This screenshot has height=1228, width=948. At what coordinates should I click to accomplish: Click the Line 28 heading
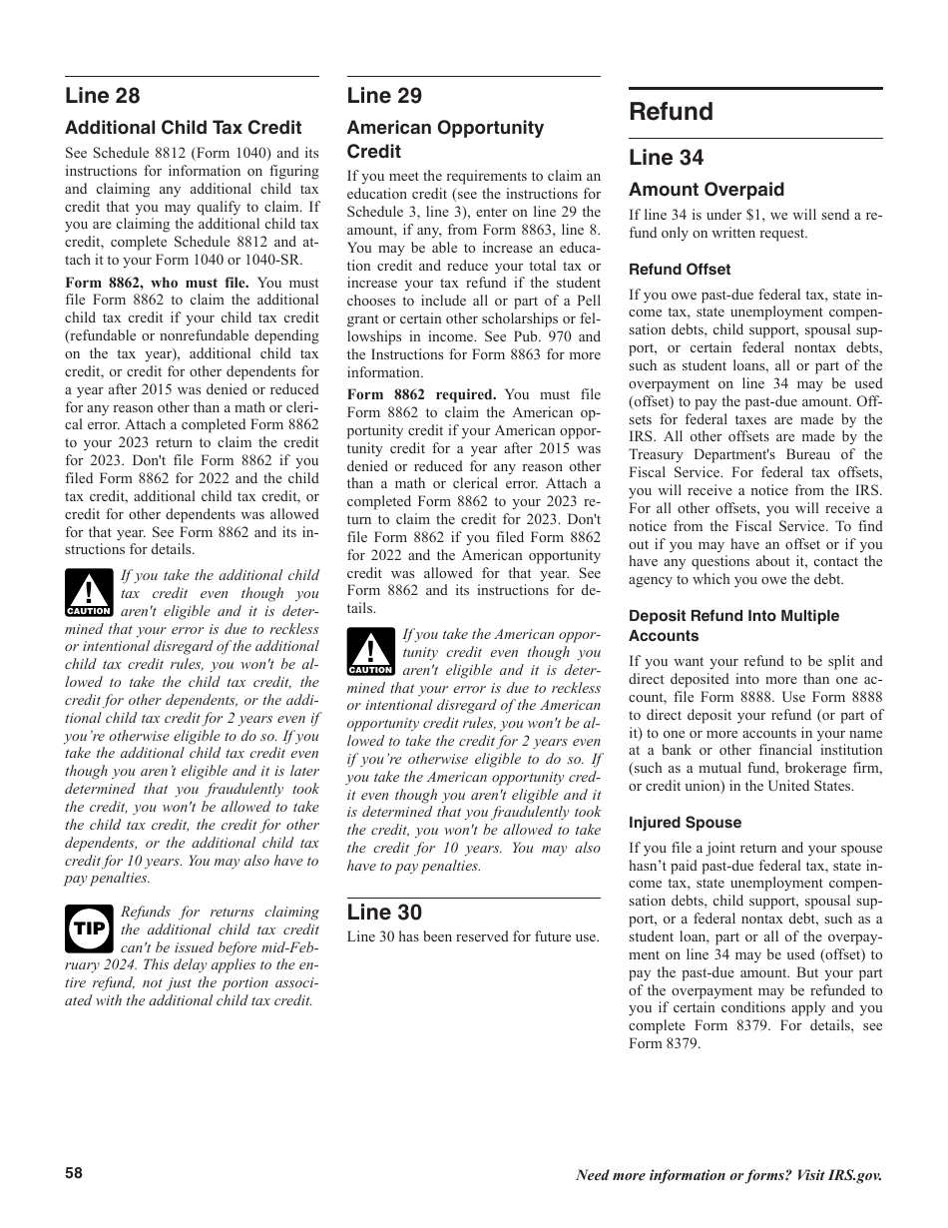tap(103, 96)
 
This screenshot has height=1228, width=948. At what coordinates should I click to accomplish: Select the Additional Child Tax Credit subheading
tap(183, 128)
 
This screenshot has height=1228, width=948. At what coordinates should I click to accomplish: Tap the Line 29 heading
tap(384, 96)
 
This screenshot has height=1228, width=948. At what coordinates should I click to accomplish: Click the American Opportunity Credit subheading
tap(445, 140)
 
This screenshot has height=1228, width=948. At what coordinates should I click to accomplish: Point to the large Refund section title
tap(671, 112)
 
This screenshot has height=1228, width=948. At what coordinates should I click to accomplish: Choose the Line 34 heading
tap(666, 158)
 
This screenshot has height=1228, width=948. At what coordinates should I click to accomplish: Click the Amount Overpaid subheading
tap(706, 190)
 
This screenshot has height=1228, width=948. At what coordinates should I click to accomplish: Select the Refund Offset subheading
tap(679, 270)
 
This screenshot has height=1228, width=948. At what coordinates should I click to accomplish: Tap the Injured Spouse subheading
tap(685, 823)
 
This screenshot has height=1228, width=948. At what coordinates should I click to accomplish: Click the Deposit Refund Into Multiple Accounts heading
tap(733, 626)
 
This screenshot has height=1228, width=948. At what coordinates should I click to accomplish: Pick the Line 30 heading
tap(384, 912)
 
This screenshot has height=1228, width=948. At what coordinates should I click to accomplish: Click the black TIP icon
tap(89, 927)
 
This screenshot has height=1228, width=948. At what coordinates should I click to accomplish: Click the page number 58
tap(74, 1173)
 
